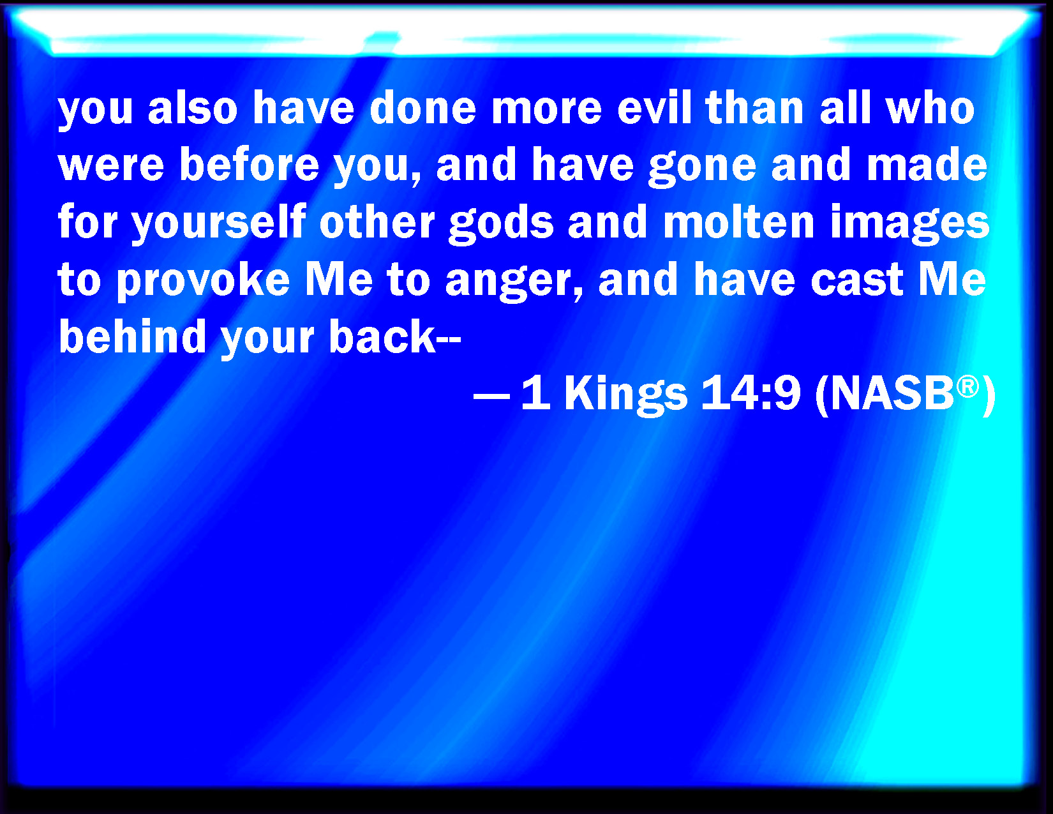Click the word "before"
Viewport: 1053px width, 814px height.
(250, 164)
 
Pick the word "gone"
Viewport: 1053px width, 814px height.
(702, 167)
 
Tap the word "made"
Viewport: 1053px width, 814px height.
(927, 164)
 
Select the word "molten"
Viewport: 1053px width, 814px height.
(738, 221)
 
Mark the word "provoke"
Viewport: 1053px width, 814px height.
(204, 282)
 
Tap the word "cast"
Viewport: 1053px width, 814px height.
(856, 280)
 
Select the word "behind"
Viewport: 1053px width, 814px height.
(132, 335)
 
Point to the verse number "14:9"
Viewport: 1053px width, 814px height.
(751, 393)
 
